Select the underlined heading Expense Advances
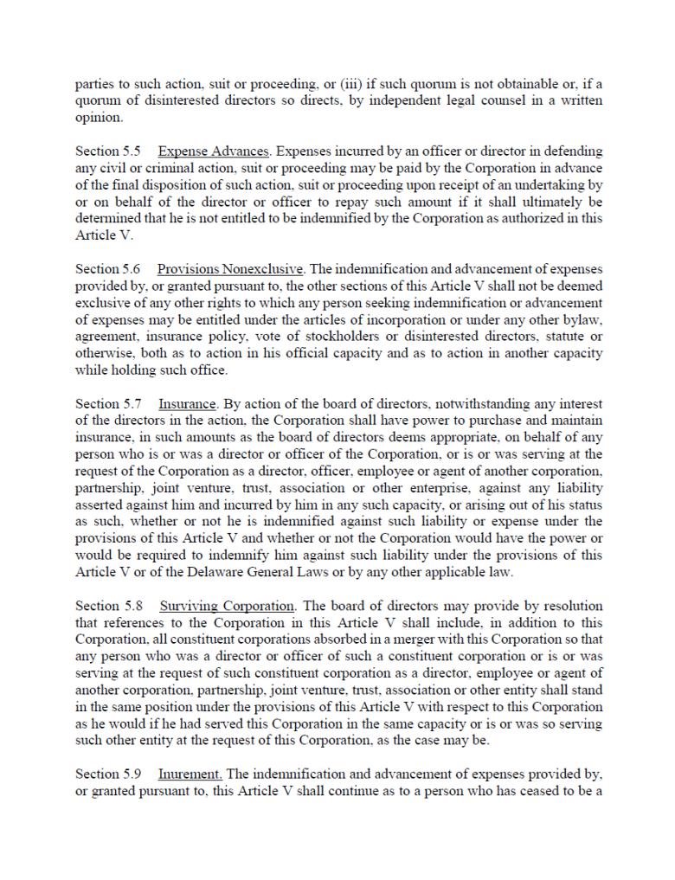click(215, 151)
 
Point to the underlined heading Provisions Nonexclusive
click(230, 269)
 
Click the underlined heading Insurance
click(187, 404)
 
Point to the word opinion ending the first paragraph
click(99, 118)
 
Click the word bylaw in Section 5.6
click(583, 320)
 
